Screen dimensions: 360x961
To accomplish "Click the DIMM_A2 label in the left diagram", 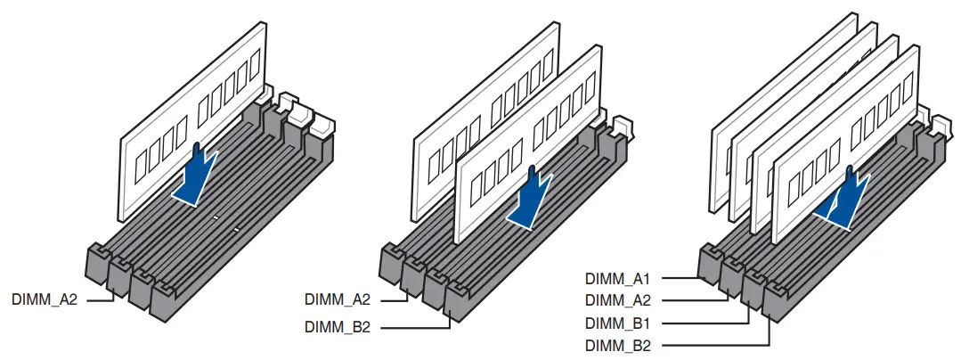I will (x=45, y=299).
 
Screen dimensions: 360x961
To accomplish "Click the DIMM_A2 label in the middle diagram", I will (x=338, y=299).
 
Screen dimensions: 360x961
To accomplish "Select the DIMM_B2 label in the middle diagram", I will (x=338, y=327).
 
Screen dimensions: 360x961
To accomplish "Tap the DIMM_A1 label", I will (x=617, y=277).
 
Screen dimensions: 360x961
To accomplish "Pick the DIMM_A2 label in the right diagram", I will (x=617, y=299).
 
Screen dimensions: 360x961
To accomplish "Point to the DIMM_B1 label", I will (x=617, y=323).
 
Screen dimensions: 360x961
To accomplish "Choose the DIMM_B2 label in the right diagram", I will (x=617, y=345).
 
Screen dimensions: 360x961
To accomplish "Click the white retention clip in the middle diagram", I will (x=623, y=127).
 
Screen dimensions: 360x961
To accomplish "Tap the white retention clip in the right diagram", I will (x=940, y=125).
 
